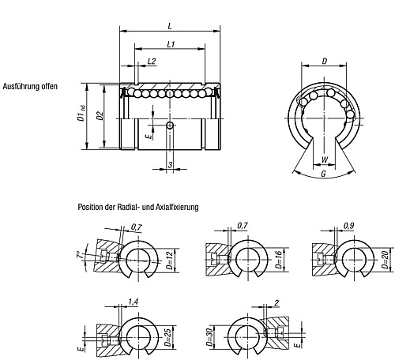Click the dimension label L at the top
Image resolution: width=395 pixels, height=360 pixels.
tap(170, 26)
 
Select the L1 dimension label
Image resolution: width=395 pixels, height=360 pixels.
tap(171, 44)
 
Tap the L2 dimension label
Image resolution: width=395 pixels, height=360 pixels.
tap(152, 62)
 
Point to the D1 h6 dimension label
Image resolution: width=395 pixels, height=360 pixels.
tap(81, 114)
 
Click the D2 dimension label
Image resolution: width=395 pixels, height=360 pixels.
tap(100, 116)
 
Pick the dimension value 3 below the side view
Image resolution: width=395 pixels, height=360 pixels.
tap(170, 165)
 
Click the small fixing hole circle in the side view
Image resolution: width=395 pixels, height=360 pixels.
tap(171, 126)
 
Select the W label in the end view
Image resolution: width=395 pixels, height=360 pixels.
tap(325, 159)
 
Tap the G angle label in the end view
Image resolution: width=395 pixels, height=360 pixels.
tap(324, 174)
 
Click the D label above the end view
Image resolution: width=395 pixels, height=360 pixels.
tap(325, 62)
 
